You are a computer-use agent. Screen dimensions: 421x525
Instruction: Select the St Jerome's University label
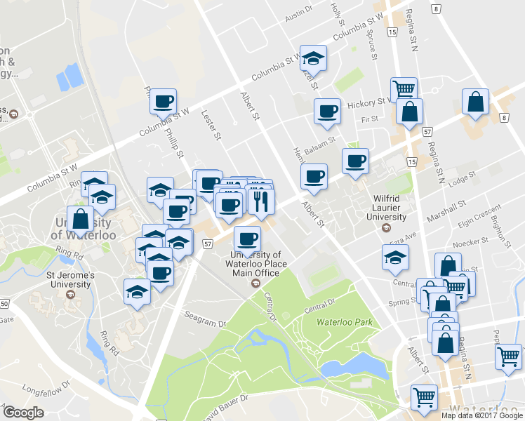68,280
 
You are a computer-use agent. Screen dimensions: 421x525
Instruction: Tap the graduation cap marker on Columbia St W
314,58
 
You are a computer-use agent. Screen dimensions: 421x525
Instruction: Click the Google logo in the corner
24,413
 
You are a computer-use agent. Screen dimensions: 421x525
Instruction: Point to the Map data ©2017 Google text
482,415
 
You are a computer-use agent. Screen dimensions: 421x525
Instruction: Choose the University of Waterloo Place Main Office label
256,263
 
